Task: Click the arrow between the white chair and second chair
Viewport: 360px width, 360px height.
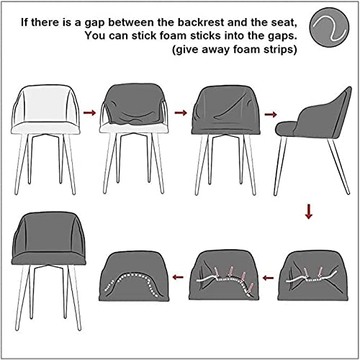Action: click(89, 112)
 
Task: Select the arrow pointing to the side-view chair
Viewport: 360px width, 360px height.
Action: click(271, 112)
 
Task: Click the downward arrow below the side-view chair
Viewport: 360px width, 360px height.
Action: click(309, 212)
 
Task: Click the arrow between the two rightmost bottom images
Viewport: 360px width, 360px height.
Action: click(267, 276)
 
